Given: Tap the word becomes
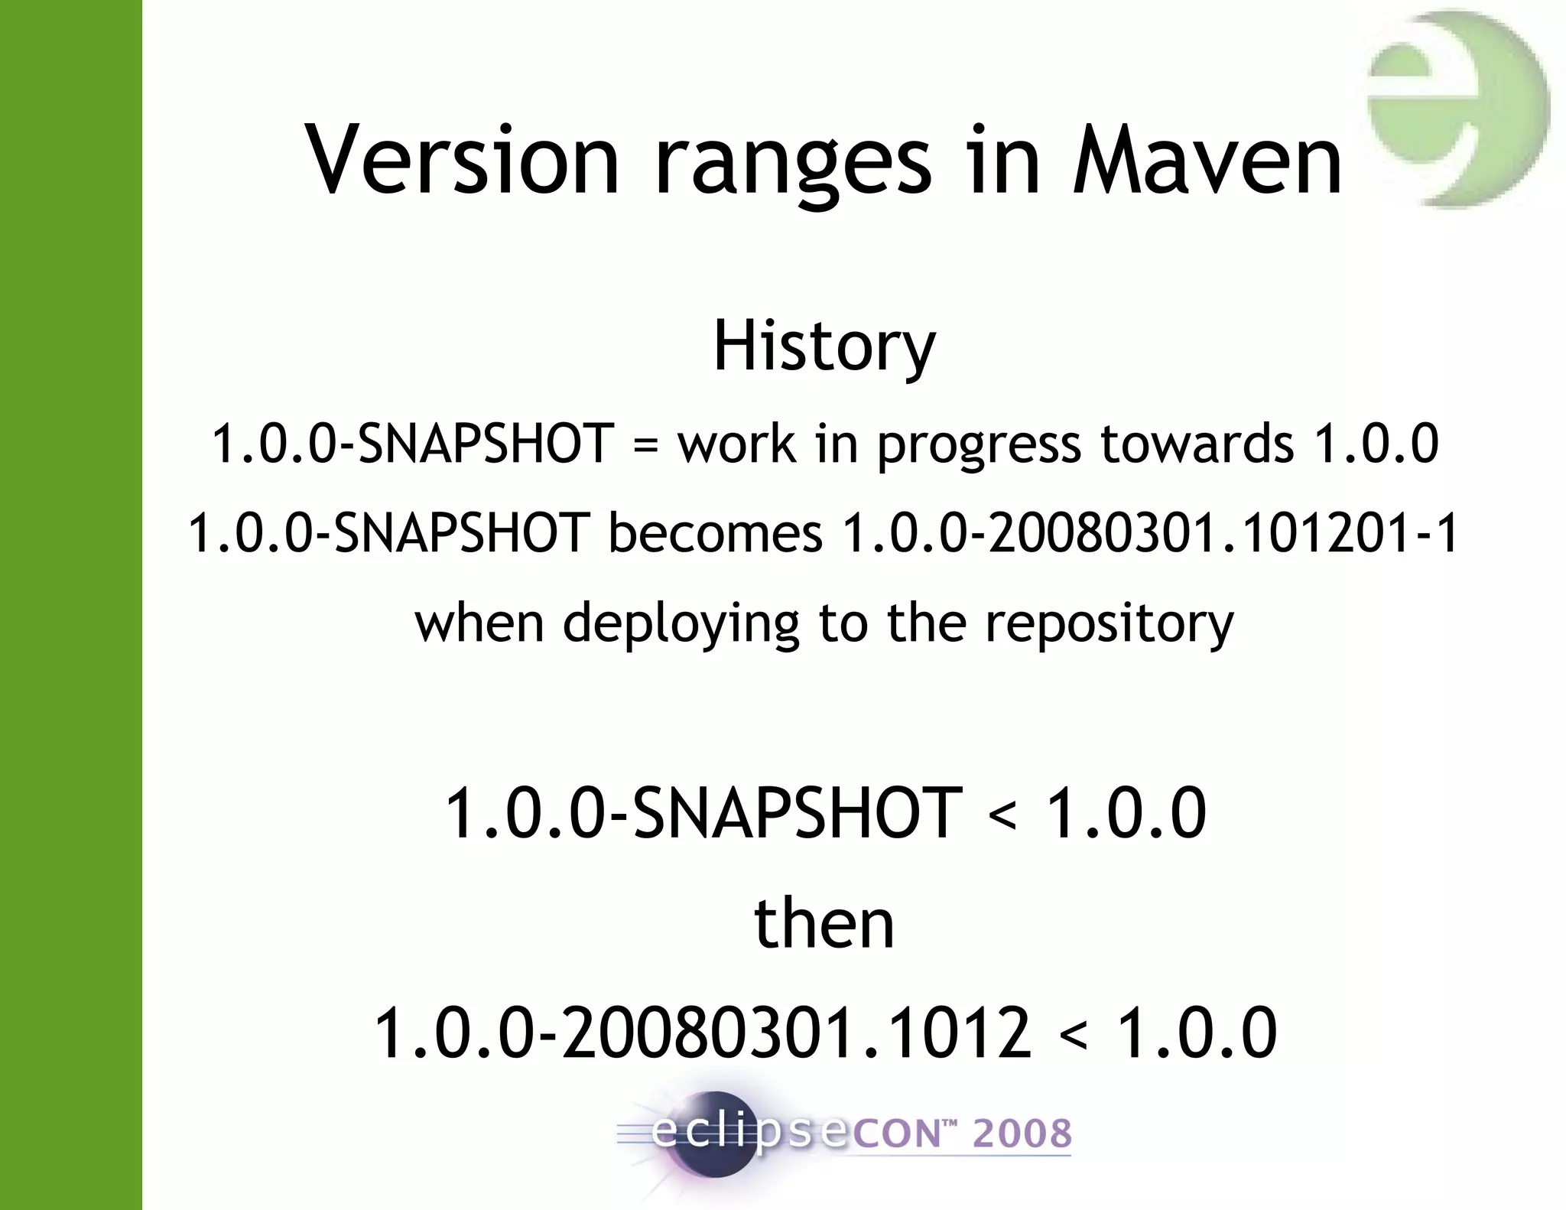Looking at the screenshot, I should point(715,533).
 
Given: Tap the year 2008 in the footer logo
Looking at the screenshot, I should point(1022,1134).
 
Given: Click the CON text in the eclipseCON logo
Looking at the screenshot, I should point(895,1134).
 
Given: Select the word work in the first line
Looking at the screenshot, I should point(736,444).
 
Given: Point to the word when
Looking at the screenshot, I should point(479,623).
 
